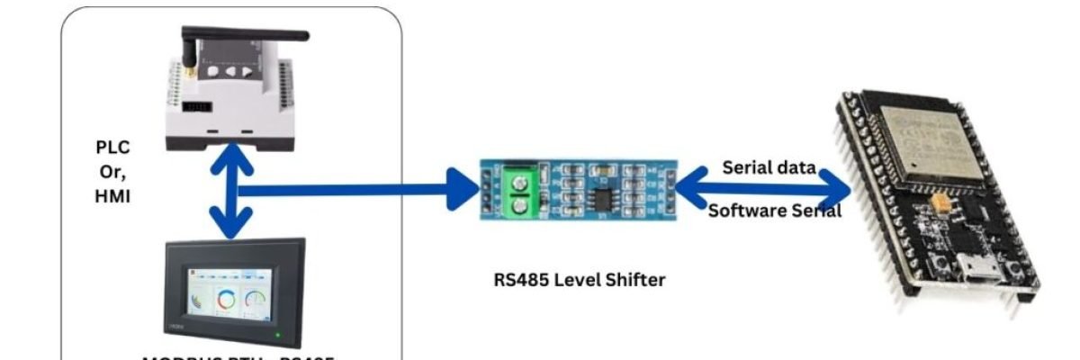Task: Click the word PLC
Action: [112, 147]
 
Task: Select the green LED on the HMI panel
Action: [280, 338]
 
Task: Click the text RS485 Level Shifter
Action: [580, 280]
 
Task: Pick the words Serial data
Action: [769, 167]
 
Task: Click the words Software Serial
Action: [775, 211]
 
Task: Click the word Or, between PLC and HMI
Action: [112, 170]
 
